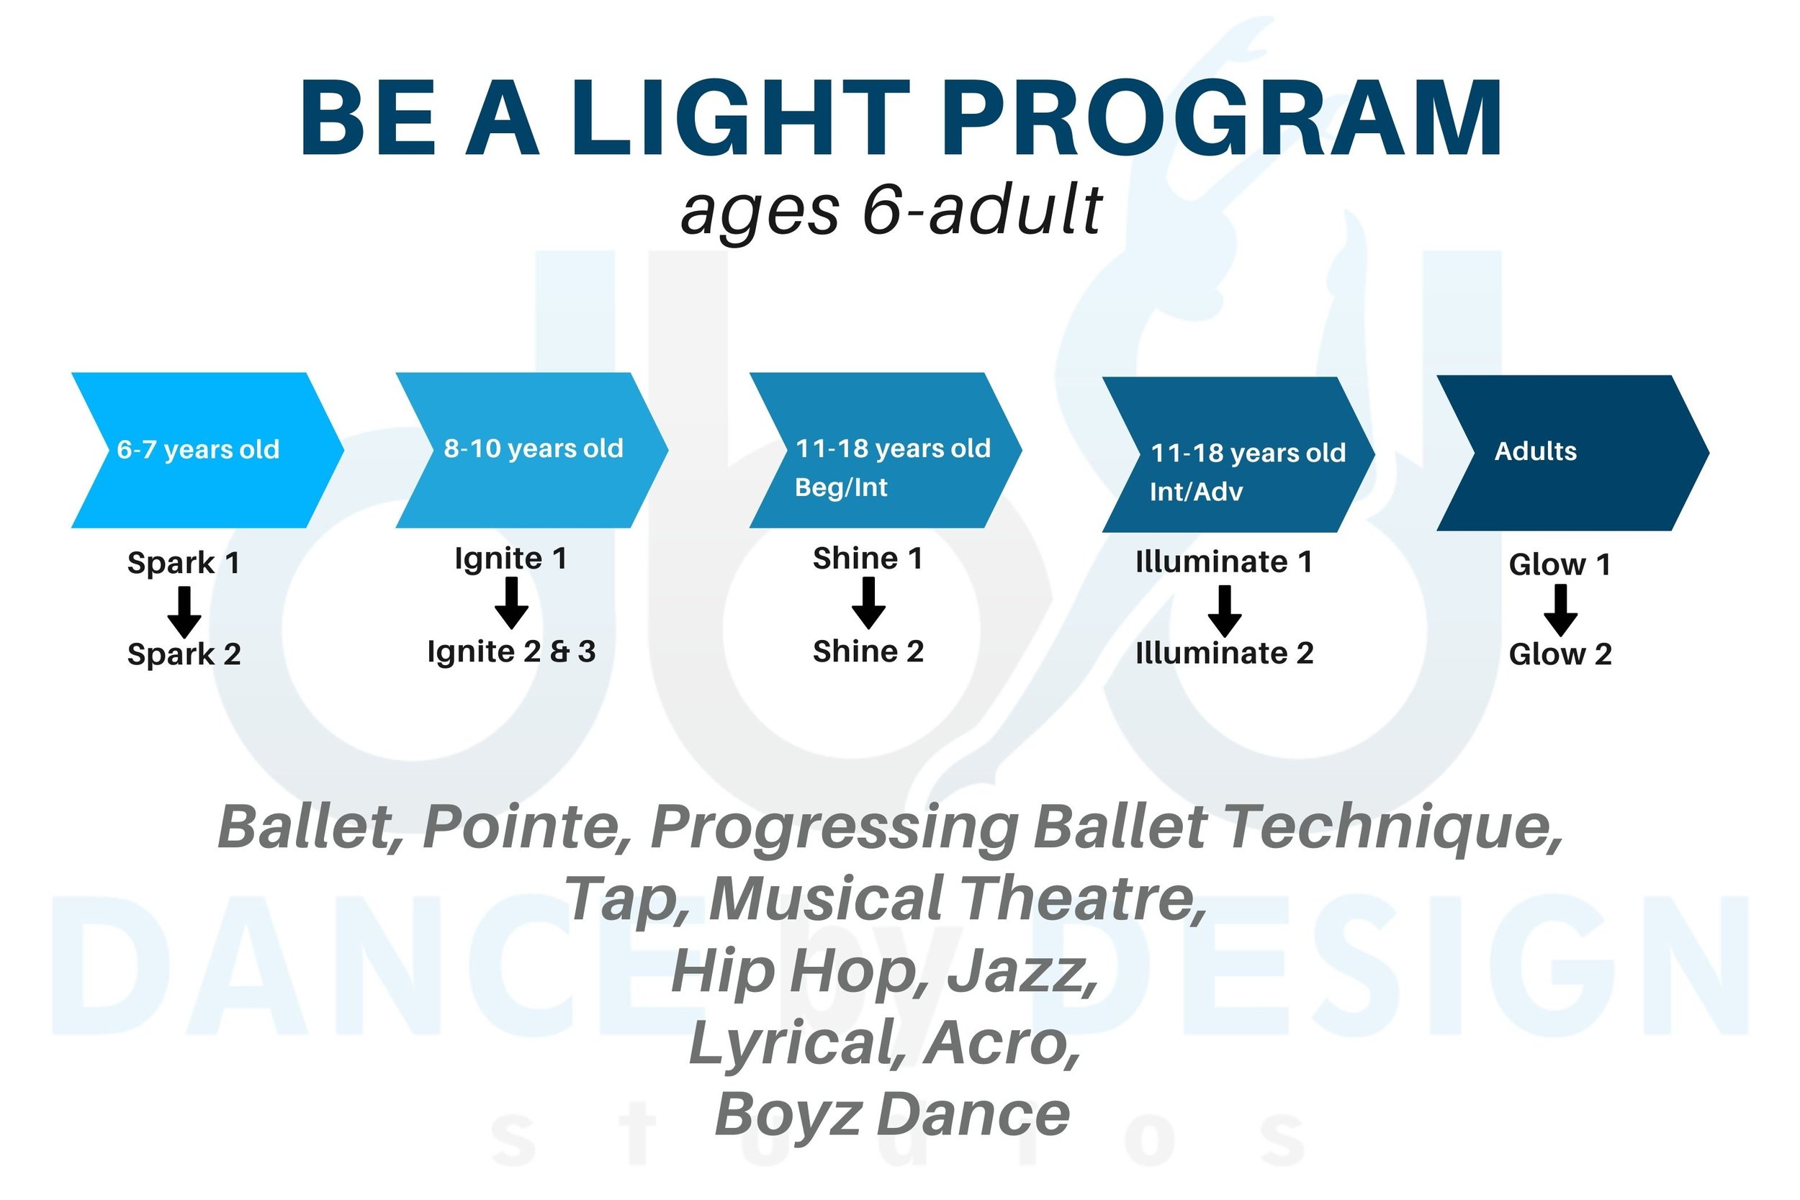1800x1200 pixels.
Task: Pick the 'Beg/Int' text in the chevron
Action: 841,487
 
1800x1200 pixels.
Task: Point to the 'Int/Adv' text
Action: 1195,492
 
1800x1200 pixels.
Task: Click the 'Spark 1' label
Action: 184,563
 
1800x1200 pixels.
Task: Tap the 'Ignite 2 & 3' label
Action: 511,652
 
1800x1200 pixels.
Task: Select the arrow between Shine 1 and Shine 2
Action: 868,603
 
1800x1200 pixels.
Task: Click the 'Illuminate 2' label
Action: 1224,654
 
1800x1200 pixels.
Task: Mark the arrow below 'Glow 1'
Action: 1560,610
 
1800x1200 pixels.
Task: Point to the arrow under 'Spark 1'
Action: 184,613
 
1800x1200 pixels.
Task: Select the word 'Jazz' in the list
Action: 1022,971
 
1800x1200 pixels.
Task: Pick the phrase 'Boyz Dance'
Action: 891,1114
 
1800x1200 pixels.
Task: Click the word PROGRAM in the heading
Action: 1221,119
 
